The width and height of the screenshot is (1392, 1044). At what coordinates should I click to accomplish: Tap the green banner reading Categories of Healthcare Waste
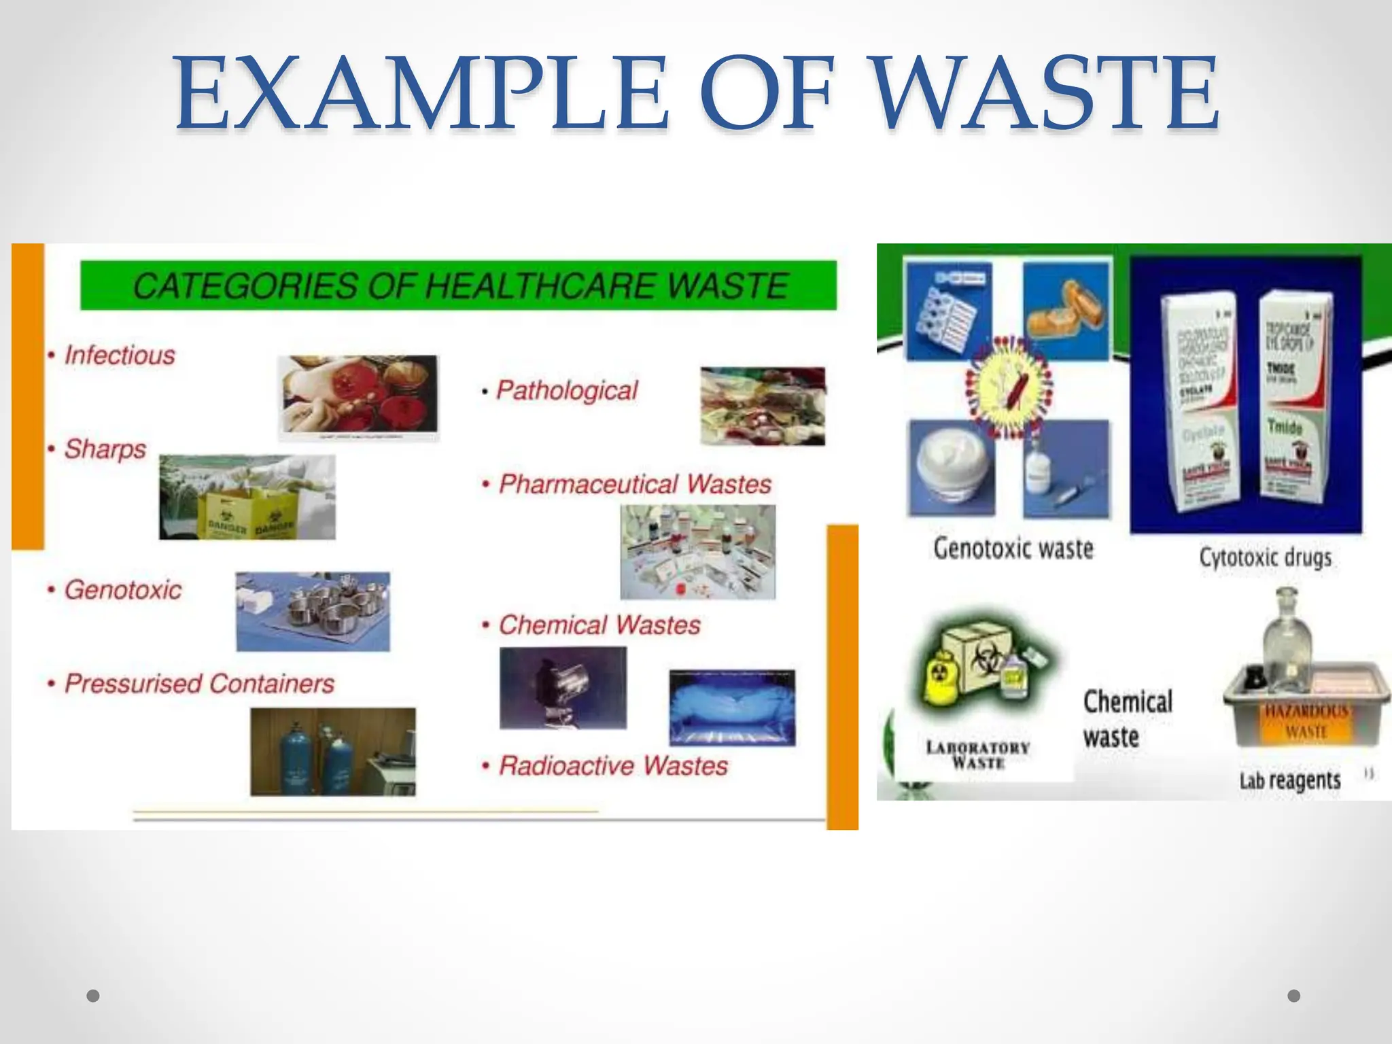[x=459, y=285]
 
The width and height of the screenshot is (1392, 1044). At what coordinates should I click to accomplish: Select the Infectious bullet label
[x=120, y=355]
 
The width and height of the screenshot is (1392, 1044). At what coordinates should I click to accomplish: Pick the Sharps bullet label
[x=105, y=449]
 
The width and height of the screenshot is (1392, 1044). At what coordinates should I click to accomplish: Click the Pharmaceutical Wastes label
[x=635, y=484]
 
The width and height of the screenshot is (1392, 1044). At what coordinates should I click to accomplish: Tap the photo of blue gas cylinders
[x=333, y=752]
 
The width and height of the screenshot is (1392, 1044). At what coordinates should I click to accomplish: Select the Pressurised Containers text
[x=199, y=683]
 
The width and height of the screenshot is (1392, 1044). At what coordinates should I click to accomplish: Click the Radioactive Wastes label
[x=613, y=766]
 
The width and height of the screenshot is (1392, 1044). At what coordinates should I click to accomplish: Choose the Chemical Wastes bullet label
[x=599, y=625]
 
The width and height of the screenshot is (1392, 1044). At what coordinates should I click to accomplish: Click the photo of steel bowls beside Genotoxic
[x=313, y=611]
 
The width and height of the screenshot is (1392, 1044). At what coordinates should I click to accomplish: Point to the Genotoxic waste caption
[x=1013, y=549]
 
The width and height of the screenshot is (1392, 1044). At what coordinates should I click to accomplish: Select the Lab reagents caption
[x=1289, y=780]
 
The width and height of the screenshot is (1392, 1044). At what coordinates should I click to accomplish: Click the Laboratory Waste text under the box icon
[x=977, y=755]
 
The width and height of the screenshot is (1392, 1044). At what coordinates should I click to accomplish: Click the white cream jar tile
[x=952, y=469]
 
